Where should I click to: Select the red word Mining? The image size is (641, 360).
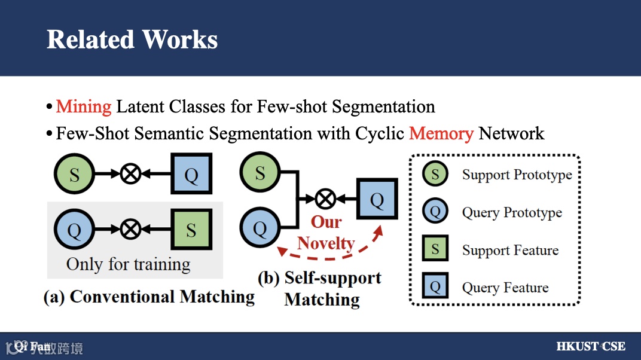pos(84,107)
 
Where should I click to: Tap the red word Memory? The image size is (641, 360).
pos(441,133)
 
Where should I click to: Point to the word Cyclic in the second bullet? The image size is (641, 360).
pos(380,133)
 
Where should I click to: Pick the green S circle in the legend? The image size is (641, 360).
pos(435,175)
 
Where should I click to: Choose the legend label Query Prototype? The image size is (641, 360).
pos(512,212)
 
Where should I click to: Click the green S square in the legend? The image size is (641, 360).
pos(435,250)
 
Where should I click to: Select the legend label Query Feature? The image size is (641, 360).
pos(505,288)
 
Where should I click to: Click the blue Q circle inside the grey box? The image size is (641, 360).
pos(74,230)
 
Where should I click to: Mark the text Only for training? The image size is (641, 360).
pos(128,264)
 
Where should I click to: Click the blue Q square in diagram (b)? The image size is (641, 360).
pos(377,199)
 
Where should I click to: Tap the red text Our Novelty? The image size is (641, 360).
pos(326,233)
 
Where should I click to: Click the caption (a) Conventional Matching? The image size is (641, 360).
pos(149,297)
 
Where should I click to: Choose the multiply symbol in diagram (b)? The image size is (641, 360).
pos(325,199)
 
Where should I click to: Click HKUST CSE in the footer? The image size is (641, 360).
pos(590,346)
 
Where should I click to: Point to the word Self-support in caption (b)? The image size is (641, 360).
pos(332,278)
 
